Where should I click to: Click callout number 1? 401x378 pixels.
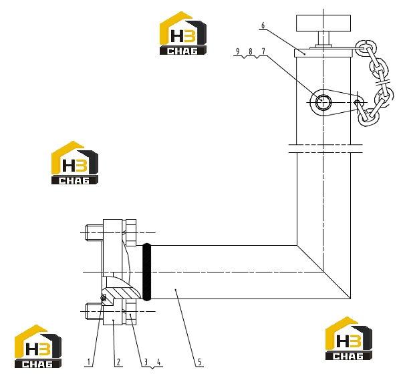pos(89,362)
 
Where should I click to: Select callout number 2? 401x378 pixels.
pos(118,362)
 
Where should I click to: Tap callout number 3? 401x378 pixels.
pos(146,362)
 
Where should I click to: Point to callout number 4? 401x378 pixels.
pos(158,362)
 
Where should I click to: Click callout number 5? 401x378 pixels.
pos(199,362)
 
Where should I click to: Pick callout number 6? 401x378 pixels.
pos(263,25)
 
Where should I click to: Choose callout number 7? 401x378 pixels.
pos(263,51)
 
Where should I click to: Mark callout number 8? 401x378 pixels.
pos(251,51)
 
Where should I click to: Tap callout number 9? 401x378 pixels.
pos(237,51)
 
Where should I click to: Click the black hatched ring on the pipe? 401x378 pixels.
pos(146,272)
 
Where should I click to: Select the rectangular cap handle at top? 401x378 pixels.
pos(323,23)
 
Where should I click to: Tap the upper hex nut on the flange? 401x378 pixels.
pos(131,232)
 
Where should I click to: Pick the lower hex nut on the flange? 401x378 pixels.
pos(131,312)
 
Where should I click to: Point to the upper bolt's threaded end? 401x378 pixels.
pos(94,232)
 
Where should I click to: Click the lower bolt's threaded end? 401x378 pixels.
pos(94,311)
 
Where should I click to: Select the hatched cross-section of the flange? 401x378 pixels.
pos(122,293)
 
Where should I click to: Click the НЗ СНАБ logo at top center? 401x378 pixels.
pos(183,33)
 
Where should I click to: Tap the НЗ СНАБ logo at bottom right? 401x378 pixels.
pos(349,339)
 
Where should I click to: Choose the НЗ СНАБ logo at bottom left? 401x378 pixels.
pos(38,347)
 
